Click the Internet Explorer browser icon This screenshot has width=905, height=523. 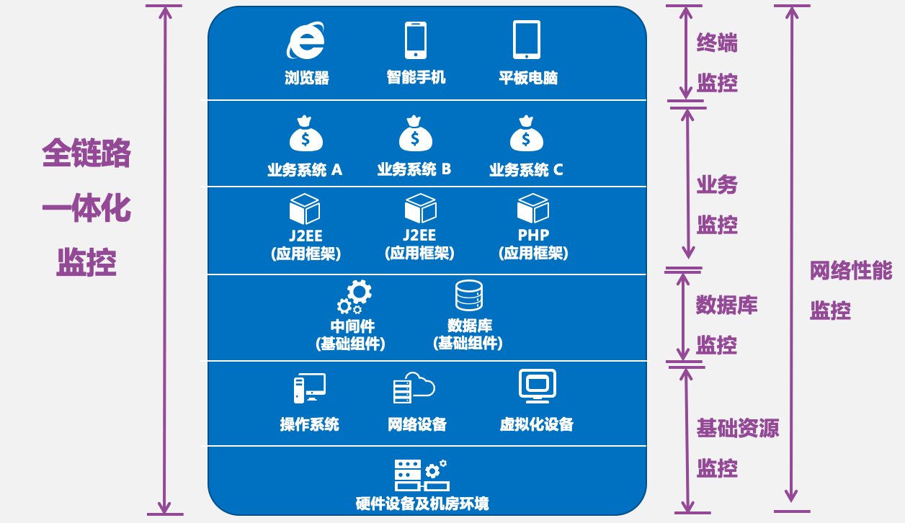click(x=306, y=41)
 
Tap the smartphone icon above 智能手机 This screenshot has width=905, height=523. click(x=416, y=40)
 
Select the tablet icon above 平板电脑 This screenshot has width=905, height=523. click(x=527, y=40)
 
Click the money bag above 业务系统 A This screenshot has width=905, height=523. click(x=306, y=134)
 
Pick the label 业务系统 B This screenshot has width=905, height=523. click(x=414, y=169)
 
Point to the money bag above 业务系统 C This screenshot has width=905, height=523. click(x=526, y=134)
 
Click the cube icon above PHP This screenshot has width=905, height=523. click(x=533, y=208)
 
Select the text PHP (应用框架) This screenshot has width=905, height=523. click(x=533, y=244)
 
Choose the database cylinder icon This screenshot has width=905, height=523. click(x=468, y=295)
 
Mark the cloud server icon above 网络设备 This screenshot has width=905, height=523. click(x=414, y=388)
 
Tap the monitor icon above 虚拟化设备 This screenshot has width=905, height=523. click(x=538, y=386)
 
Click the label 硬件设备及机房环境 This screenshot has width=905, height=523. click(x=422, y=503)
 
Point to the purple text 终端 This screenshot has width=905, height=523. click(x=717, y=43)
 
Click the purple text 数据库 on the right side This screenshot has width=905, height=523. click(x=726, y=305)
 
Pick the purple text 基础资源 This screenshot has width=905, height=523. click(x=738, y=429)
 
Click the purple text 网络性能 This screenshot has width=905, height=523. click(x=851, y=272)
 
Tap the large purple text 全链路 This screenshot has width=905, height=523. click(x=86, y=153)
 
